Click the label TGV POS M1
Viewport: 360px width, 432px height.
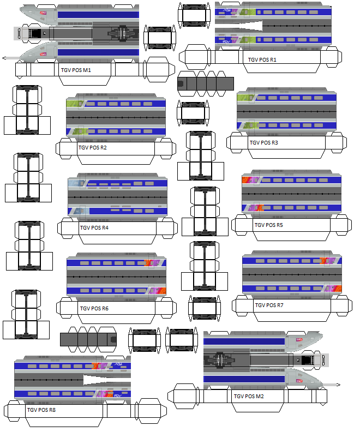[75, 70]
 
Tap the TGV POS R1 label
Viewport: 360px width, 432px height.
[262, 60]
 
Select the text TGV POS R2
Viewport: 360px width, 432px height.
[92, 148]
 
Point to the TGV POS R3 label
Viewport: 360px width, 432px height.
[263, 143]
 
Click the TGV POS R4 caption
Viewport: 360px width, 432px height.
[94, 227]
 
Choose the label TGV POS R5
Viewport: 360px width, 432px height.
[268, 225]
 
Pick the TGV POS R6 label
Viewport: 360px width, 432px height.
[94, 309]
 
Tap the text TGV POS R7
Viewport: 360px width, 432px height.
[269, 305]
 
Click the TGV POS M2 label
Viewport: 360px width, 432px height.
[249, 397]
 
